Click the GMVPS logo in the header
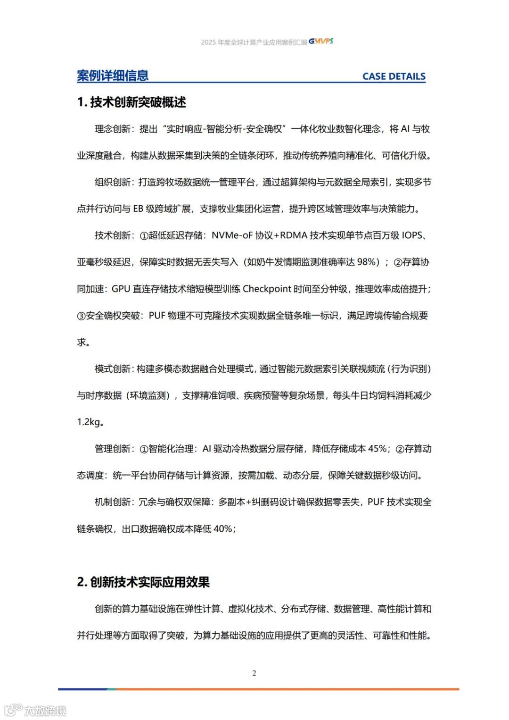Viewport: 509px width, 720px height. (321, 42)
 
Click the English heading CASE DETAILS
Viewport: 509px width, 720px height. (394, 76)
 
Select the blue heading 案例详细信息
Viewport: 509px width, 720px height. (113, 76)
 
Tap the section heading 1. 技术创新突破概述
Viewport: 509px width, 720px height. (131, 102)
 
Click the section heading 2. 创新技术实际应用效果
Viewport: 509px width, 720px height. (143, 582)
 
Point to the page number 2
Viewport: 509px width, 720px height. (254, 673)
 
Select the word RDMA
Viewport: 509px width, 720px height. (294, 235)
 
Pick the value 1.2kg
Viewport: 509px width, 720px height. (89, 422)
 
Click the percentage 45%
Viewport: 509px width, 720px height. (377, 449)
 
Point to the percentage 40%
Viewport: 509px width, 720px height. (223, 529)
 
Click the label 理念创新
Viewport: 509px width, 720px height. (112, 129)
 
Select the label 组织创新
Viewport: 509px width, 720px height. (112, 182)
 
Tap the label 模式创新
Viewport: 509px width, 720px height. (112, 369)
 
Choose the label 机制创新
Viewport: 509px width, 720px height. (112, 502)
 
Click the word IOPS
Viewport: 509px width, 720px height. (412, 235)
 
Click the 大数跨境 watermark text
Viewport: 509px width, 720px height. (45, 710)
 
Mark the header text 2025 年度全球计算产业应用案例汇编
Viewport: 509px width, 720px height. (254, 42)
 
